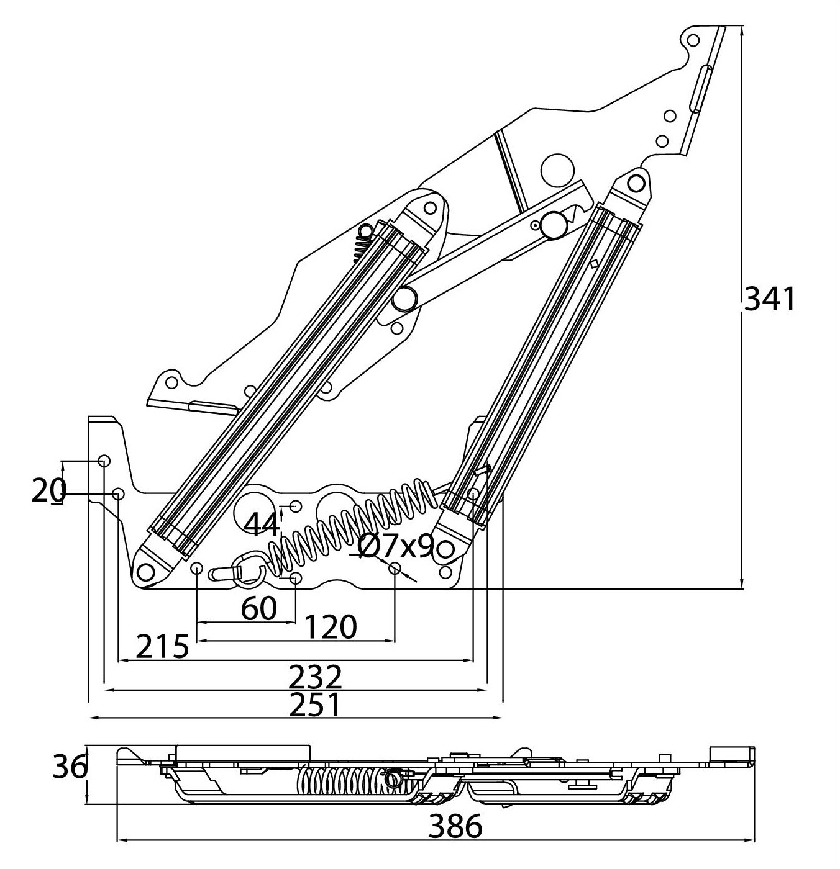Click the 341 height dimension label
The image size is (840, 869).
click(x=769, y=299)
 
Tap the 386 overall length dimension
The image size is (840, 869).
click(x=456, y=826)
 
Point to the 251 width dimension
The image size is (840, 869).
click(x=316, y=705)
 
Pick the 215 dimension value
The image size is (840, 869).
click(x=162, y=647)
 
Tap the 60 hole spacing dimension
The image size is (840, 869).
click(x=258, y=610)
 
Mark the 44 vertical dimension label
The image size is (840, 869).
click(x=262, y=526)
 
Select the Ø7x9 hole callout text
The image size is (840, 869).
click(x=396, y=546)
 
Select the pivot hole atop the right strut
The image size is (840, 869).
click(x=635, y=183)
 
